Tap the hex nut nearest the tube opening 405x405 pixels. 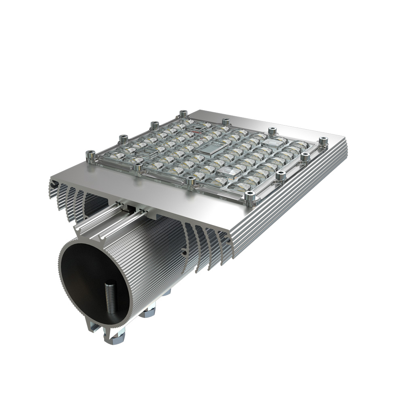click(x=115, y=337)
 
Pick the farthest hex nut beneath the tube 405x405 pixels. click(x=166, y=292)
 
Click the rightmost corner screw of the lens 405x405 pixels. click(x=323, y=142)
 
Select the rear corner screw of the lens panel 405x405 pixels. click(x=183, y=114)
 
